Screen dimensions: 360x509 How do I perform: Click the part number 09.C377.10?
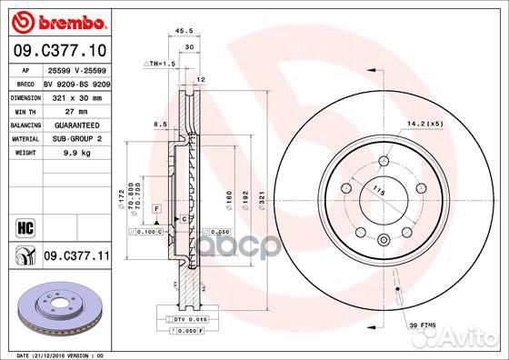tap(61, 50)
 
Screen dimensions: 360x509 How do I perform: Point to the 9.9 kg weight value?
tap(63, 153)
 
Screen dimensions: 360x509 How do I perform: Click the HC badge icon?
tap(22, 225)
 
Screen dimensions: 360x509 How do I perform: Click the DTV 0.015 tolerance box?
tap(187, 320)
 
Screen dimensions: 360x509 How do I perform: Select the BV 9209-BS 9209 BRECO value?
tap(78, 82)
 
